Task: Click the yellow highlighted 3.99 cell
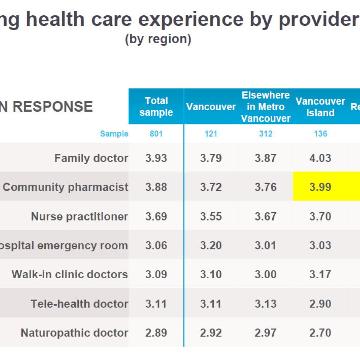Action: point(320,187)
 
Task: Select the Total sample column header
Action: point(156,106)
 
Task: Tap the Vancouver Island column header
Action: point(320,107)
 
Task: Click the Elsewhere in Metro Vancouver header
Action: point(265,107)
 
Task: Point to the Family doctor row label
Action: point(91,158)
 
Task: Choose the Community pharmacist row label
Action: point(66,187)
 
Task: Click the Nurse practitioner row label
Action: point(79,216)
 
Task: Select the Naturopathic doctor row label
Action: point(74,333)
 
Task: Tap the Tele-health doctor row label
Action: point(79,303)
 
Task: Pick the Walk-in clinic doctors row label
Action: point(70,274)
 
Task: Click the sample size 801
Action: point(156,134)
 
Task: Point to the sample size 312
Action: point(265,134)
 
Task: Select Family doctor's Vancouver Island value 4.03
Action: point(320,158)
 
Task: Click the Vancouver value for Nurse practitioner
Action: point(211,216)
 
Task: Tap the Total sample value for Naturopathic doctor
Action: point(156,333)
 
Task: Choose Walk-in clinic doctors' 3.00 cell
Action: point(265,274)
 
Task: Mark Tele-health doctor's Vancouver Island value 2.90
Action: point(320,303)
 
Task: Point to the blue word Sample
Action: point(114,134)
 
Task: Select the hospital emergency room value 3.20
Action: point(211,245)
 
